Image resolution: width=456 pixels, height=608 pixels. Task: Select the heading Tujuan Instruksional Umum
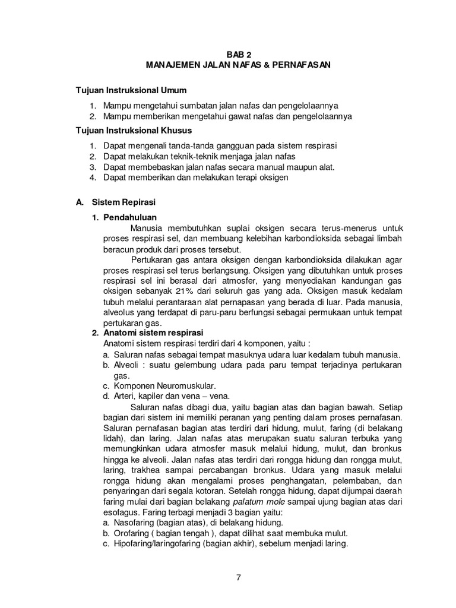[131, 90]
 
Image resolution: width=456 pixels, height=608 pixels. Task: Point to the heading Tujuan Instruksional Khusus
[133, 130]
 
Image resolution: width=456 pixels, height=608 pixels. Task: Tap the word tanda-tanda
[177, 145]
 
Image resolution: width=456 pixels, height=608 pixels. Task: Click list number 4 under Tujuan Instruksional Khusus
[93, 178]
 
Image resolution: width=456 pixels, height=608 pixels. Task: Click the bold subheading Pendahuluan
[130, 217]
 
